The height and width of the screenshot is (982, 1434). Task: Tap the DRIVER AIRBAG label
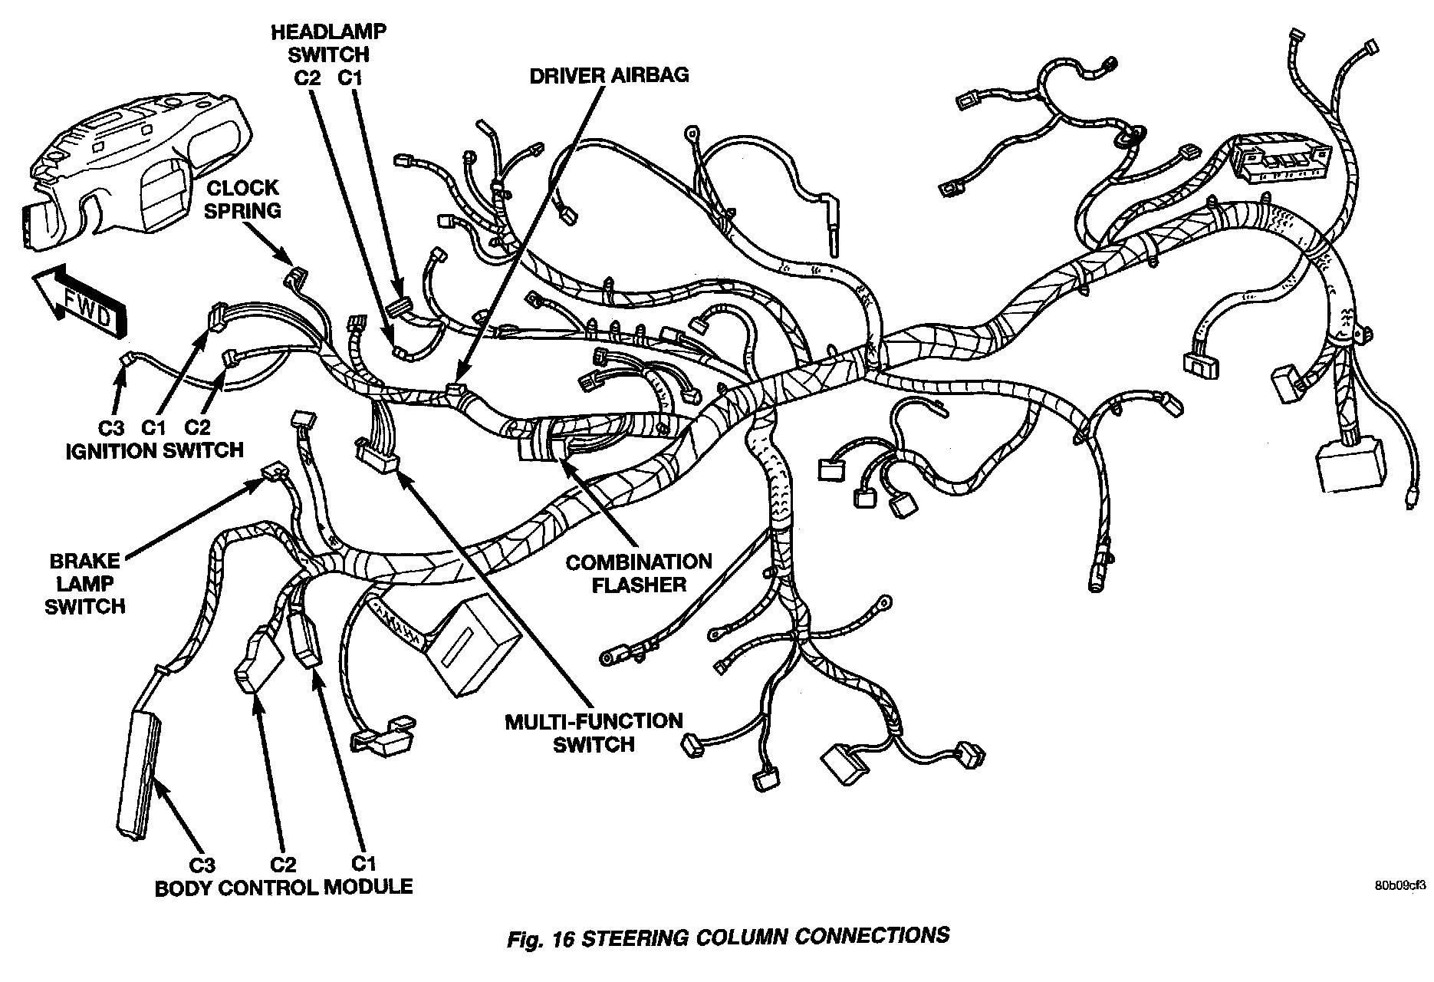click(x=609, y=74)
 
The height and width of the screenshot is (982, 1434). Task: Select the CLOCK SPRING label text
click(x=243, y=199)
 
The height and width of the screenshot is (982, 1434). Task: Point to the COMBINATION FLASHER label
click(x=638, y=573)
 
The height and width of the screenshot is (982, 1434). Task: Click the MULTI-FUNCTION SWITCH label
click(x=594, y=732)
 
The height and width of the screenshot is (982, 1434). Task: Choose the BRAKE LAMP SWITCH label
click(x=84, y=583)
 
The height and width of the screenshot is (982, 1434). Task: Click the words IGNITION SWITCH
click(x=155, y=450)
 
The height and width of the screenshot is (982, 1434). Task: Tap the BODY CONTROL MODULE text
click(x=284, y=888)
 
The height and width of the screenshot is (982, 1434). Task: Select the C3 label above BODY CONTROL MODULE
click(x=202, y=865)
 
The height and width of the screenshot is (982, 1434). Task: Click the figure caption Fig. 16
click(x=728, y=938)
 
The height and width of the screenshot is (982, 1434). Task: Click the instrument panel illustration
click(x=119, y=165)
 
